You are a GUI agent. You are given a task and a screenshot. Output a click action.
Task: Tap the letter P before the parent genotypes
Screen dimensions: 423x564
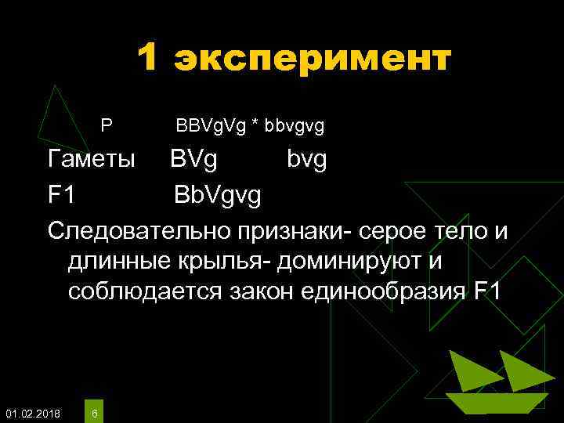pos(107,125)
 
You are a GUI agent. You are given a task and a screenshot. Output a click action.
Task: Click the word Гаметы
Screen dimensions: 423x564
pos(92,161)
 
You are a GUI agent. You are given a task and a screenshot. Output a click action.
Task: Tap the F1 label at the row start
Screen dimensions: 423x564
pos(62,195)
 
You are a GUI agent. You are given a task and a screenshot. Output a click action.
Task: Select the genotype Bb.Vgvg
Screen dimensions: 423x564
pos(219,196)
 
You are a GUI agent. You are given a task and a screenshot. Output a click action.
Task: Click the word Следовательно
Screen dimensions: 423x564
pos(137,230)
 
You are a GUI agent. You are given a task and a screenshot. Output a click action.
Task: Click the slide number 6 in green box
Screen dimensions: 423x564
pos(94,413)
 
